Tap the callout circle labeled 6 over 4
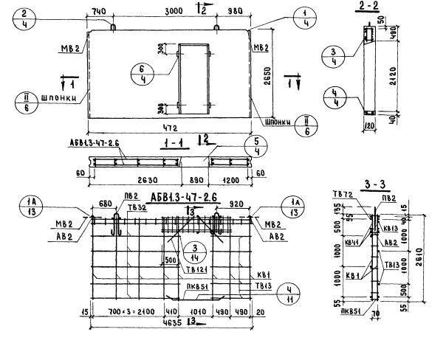(x=157, y=76)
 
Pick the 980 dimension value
(x=235, y=12)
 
